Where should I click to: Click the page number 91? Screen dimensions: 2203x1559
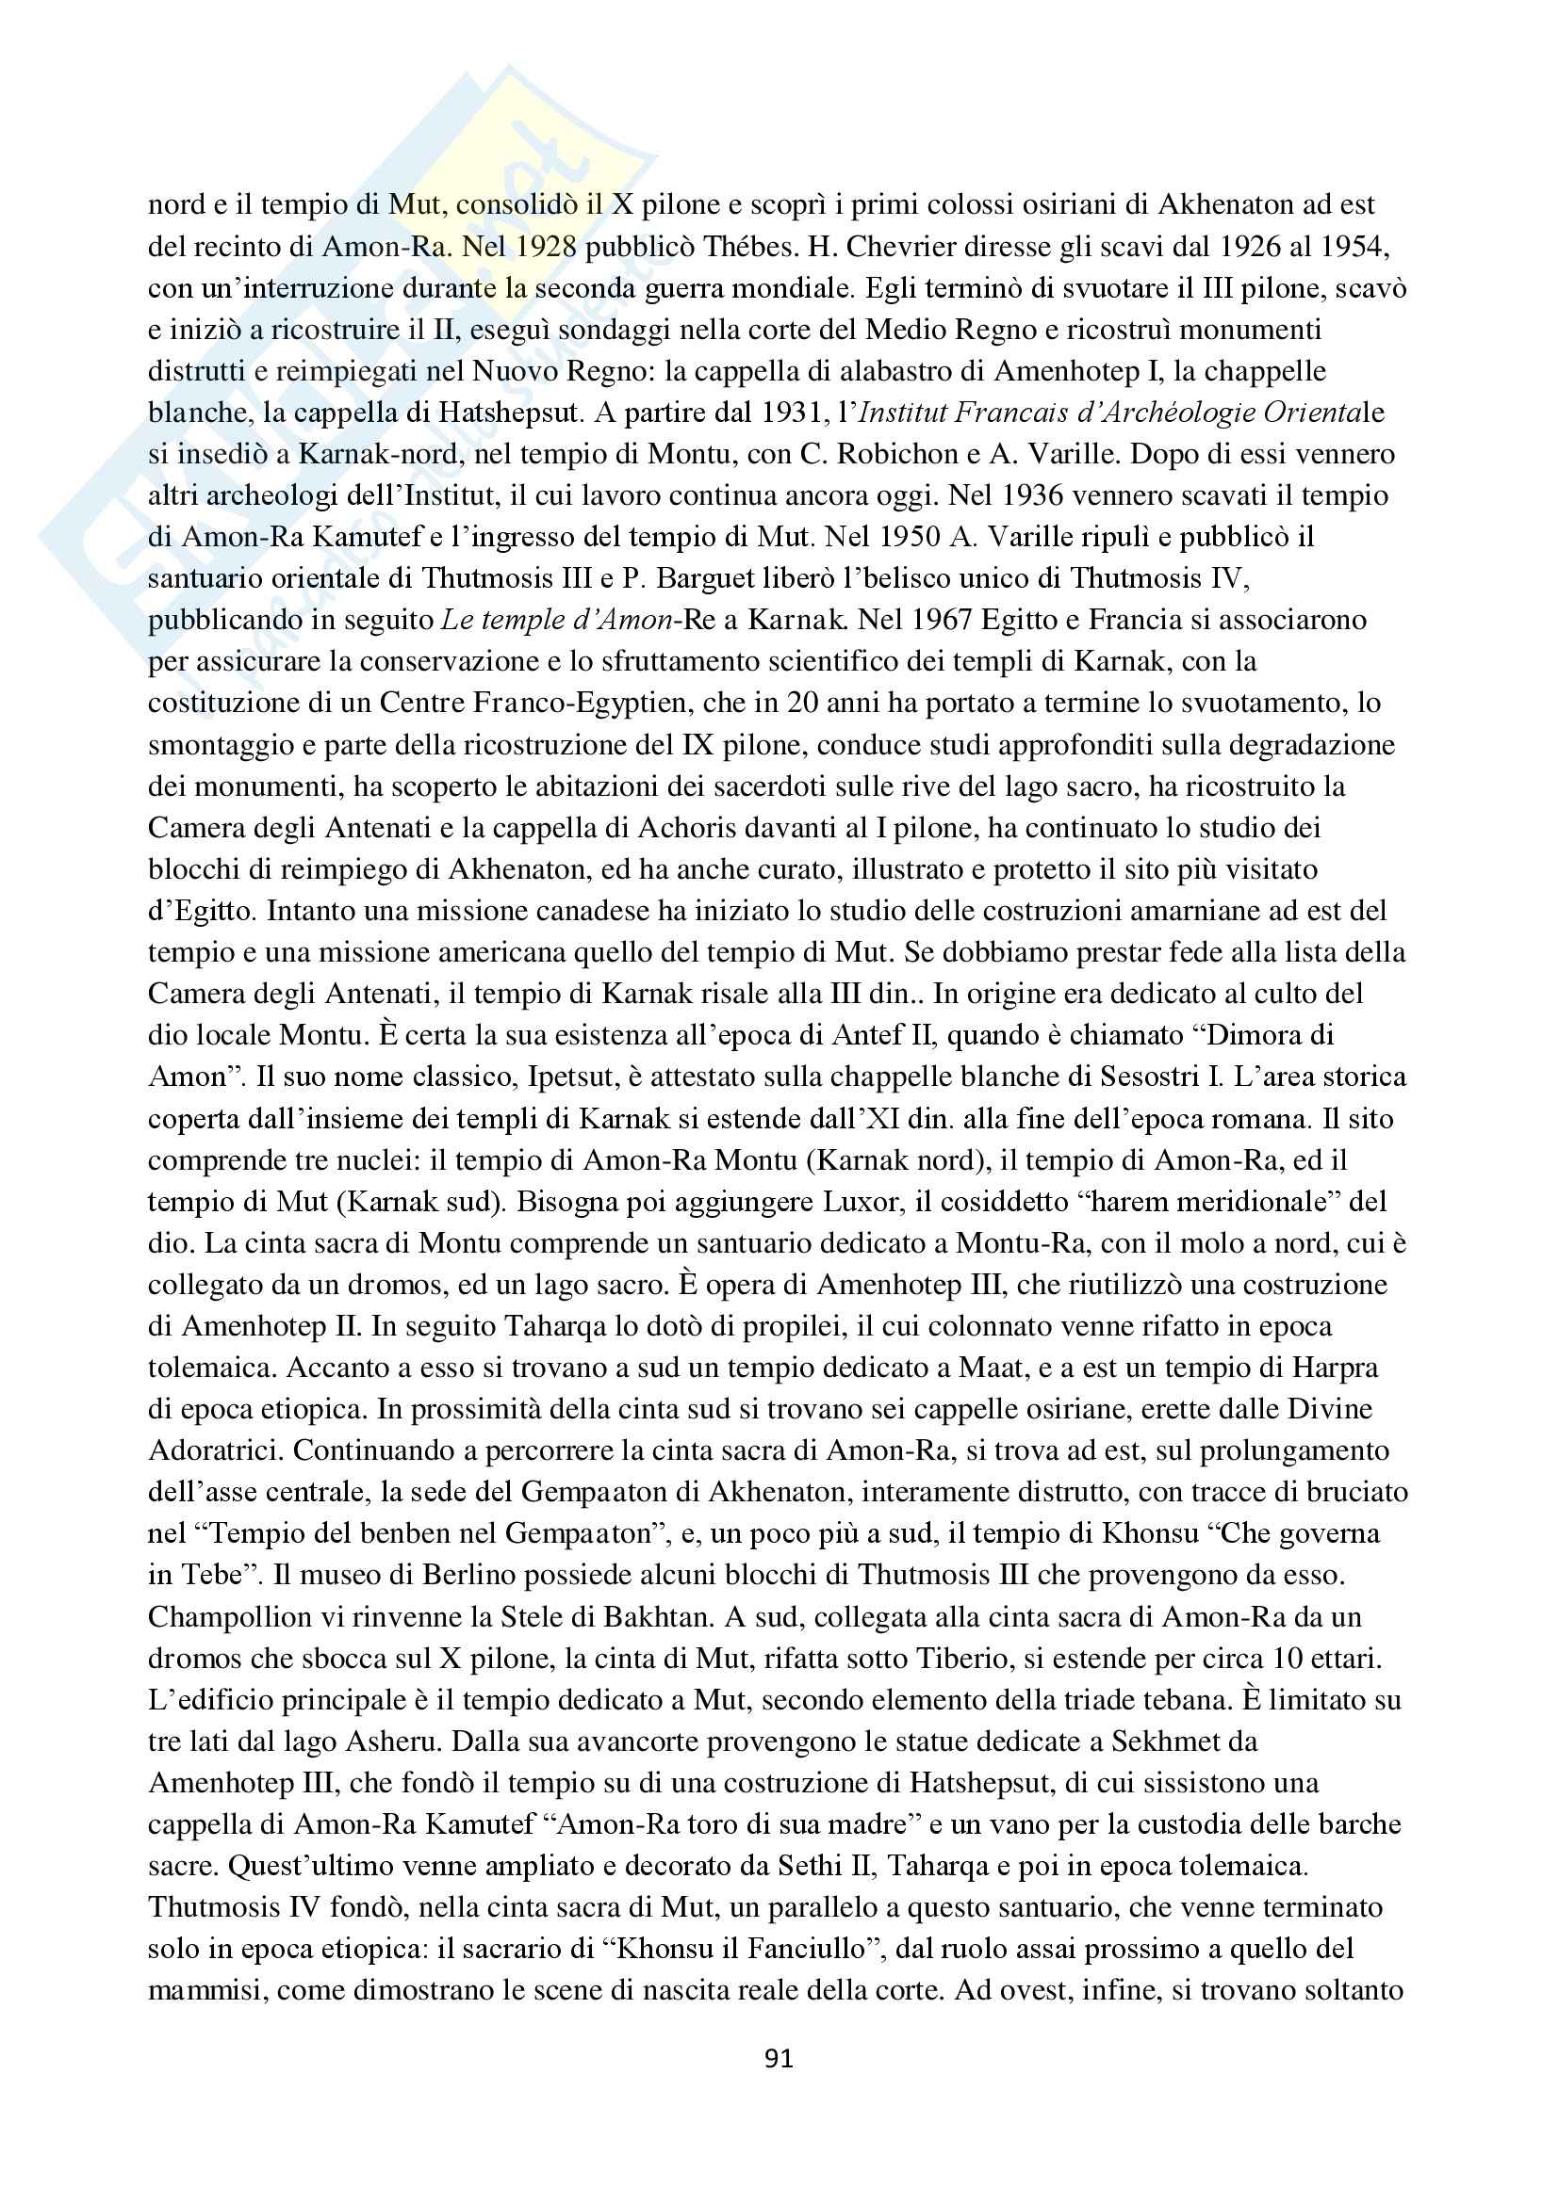779,2058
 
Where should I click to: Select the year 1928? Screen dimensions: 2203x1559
543,247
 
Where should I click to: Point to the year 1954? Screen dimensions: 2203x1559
1354,247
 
